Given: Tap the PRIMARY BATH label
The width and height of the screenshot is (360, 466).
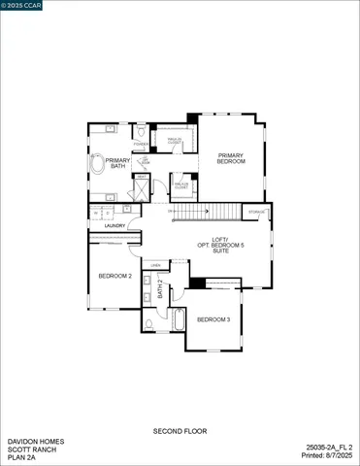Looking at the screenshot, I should coord(117,163).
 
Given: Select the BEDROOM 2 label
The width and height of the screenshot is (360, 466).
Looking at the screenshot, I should coord(115,276).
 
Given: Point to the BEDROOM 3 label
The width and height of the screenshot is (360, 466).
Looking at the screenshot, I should coord(213,319).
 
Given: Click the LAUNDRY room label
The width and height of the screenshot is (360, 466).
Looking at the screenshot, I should coord(102,225).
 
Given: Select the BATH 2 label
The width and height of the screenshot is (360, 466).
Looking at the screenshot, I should coord(160,288).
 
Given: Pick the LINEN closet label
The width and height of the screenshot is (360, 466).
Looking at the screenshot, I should coord(155,263).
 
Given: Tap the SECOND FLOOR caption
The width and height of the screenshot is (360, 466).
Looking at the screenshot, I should coord(180,430).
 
